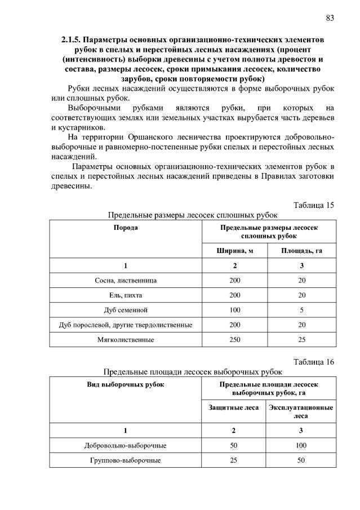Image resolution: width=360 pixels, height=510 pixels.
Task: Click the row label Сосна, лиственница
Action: (x=126, y=280)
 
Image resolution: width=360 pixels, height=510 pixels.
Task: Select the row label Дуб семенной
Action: (x=126, y=309)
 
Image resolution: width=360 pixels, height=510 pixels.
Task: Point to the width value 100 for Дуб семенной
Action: (x=234, y=309)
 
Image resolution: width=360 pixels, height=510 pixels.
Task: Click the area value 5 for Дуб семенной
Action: (x=301, y=309)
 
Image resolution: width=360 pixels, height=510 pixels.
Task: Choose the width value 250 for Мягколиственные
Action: (x=234, y=339)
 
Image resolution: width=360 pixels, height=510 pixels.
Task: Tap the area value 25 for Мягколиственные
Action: (x=301, y=339)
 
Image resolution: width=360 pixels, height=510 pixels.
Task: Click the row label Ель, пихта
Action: (x=126, y=295)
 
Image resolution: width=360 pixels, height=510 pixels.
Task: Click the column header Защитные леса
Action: (x=234, y=407)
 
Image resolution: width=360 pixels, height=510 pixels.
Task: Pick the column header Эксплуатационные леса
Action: (x=301, y=411)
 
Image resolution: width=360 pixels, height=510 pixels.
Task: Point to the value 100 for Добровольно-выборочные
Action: (x=301, y=445)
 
